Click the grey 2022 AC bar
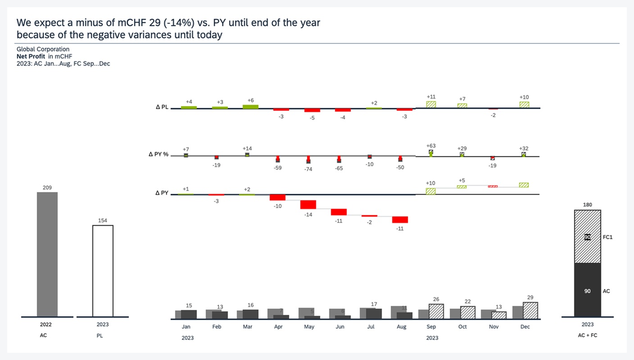pos(47,254)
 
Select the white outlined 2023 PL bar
pos(103,271)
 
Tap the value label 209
pos(47,188)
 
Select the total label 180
pos(587,205)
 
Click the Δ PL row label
pos(162,108)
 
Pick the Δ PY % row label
pos(158,154)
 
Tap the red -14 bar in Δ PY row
pos(308,205)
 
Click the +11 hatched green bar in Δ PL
pos(431,104)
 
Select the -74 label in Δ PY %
pos(308,169)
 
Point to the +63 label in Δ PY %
pos(431,146)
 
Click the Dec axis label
pos(525,327)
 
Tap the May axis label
pos(309,327)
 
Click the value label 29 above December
pos(530,298)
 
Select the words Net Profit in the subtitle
pos(31,56)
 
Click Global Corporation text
pos(43,49)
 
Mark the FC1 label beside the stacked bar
pos(608,237)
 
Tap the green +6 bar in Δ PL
pos(251,107)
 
